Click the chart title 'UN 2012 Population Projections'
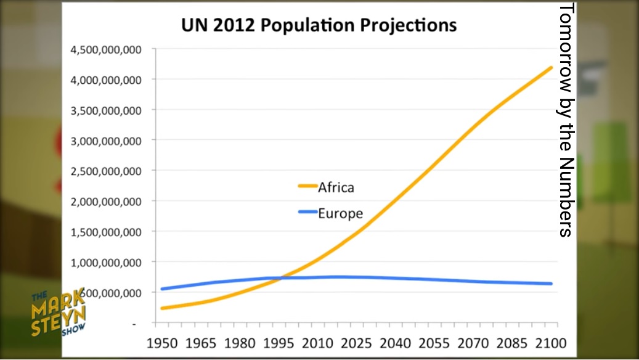pyautogui.click(x=319, y=26)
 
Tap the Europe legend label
pyautogui.click(x=340, y=214)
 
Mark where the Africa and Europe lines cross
pyautogui.click(x=280, y=278)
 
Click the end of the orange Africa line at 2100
pyautogui.click(x=551, y=67)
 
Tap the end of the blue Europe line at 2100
pyautogui.click(x=551, y=284)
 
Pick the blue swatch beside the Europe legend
pyautogui.click(x=307, y=213)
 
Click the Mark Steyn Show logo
pyautogui.click(x=59, y=313)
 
